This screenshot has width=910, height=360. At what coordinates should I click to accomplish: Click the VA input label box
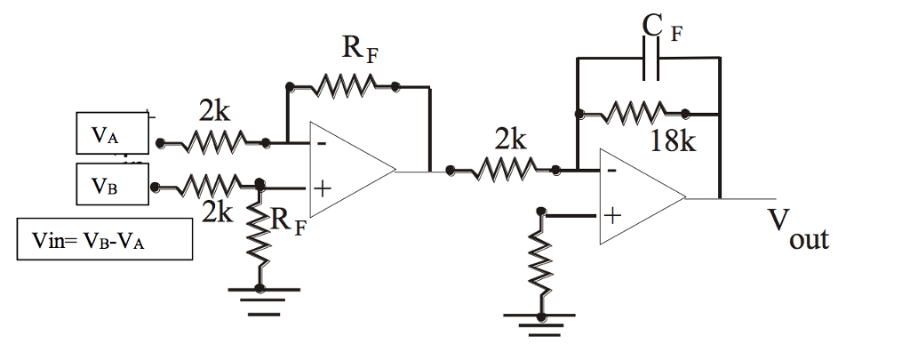(x=111, y=136)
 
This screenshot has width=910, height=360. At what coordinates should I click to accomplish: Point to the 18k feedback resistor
(x=633, y=113)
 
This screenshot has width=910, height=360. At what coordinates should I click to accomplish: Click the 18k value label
(x=672, y=141)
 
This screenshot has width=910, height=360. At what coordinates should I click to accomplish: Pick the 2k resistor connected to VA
(x=213, y=141)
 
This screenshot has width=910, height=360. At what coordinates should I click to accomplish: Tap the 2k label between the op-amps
(x=510, y=140)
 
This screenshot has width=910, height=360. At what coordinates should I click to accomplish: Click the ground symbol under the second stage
(x=539, y=324)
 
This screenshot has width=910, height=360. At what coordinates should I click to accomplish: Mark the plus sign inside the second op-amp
(x=612, y=214)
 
